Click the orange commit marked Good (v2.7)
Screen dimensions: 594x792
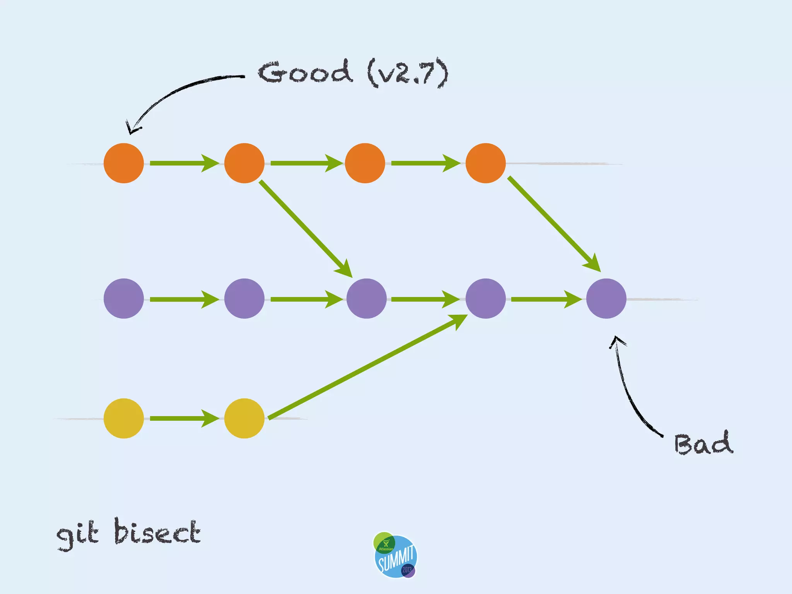[x=124, y=163]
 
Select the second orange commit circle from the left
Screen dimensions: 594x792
[x=244, y=163]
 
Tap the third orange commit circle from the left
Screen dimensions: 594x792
[x=365, y=163]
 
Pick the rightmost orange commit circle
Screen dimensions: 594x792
[x=486, y=163]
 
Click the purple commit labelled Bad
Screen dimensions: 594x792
[x=606, y=299]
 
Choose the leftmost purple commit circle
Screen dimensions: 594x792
[x=124, y=299]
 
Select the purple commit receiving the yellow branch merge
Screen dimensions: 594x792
[x=486, y=299]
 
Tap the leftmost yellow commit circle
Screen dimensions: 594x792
[x=124, y=418]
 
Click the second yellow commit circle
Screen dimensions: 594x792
[x=244, y=418]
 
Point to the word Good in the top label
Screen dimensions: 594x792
[x=306, y=72]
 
